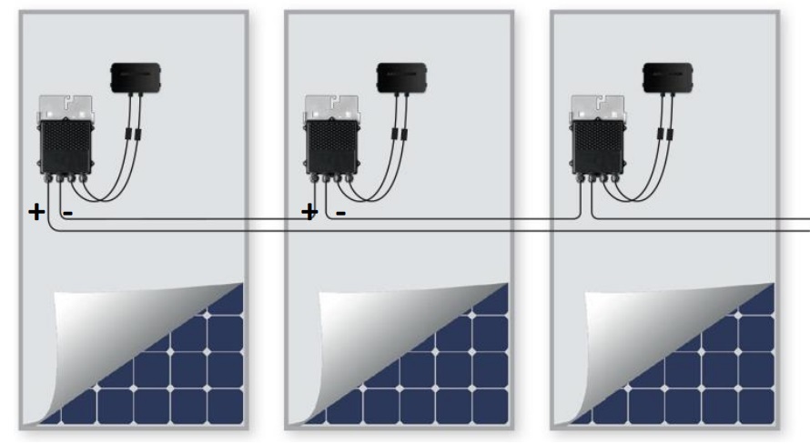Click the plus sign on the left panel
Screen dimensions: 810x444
coord(36,212)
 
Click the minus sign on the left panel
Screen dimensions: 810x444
coord(67,213)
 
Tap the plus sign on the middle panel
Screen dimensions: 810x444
coord(309,212)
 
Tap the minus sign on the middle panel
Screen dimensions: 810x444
coord(340,213)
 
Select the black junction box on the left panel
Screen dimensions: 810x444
coord(136,78)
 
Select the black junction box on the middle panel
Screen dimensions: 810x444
coord(402,78)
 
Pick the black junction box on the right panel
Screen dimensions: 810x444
coord(668,78)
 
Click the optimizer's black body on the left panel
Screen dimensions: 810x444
coord(66,146)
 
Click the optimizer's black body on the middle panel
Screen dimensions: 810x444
coord(331,146)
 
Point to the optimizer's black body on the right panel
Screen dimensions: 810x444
coord(598,146)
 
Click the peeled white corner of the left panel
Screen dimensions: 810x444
coord(98,336)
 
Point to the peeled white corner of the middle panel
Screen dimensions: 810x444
coord(363,336)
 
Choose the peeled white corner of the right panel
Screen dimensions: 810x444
coord(629,336)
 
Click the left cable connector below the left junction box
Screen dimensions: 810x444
coord(128,135)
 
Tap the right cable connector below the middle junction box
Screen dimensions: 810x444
coord(404,135)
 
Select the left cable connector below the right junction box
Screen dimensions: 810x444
coord(660,135)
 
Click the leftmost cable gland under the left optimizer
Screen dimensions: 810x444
coord(48,178)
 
